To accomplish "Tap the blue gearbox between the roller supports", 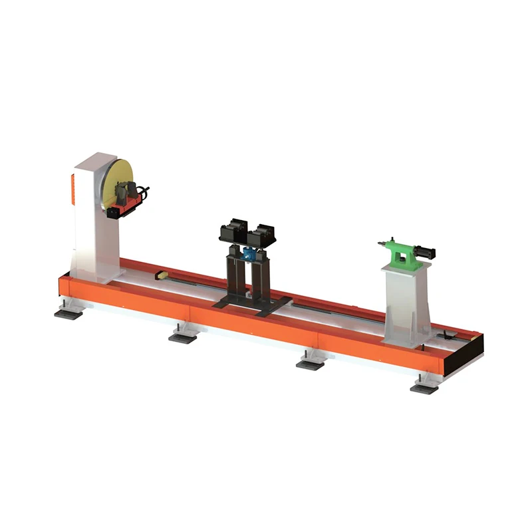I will click(249, 253).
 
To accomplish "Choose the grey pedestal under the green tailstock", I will click(406, 303).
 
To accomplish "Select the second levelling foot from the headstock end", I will click(182, 336).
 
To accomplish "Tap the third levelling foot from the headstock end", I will click(309, 364).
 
